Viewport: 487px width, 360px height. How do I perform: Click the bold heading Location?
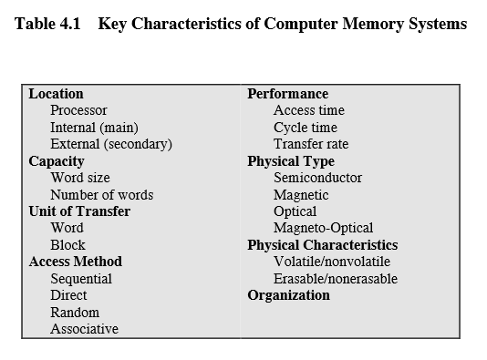(56, 94)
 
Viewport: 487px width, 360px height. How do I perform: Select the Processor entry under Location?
(79, 110)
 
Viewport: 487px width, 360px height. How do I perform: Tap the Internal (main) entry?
(94, 128)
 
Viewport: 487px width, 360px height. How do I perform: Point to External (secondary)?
(111, 144)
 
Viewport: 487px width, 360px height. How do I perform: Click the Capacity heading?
(57, 161)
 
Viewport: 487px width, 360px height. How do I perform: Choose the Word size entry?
(80, 178)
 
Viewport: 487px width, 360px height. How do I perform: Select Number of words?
(101, 195)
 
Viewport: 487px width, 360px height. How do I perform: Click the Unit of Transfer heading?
(79, 211)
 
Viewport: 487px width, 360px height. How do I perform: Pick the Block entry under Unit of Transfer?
(67, 245)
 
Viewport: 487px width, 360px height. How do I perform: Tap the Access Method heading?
(75, 262)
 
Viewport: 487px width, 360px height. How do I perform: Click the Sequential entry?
(81, 279)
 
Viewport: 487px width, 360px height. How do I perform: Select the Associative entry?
(84, 329)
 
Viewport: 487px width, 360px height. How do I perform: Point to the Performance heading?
(287, 94)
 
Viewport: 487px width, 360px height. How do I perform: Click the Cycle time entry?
(305, 128)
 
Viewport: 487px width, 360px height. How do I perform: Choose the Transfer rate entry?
(310, 144)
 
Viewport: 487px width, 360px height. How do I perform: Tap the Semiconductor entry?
(317, 178)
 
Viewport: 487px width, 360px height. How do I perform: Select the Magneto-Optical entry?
(323, 228)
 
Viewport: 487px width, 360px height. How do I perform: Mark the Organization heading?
(288, 295)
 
